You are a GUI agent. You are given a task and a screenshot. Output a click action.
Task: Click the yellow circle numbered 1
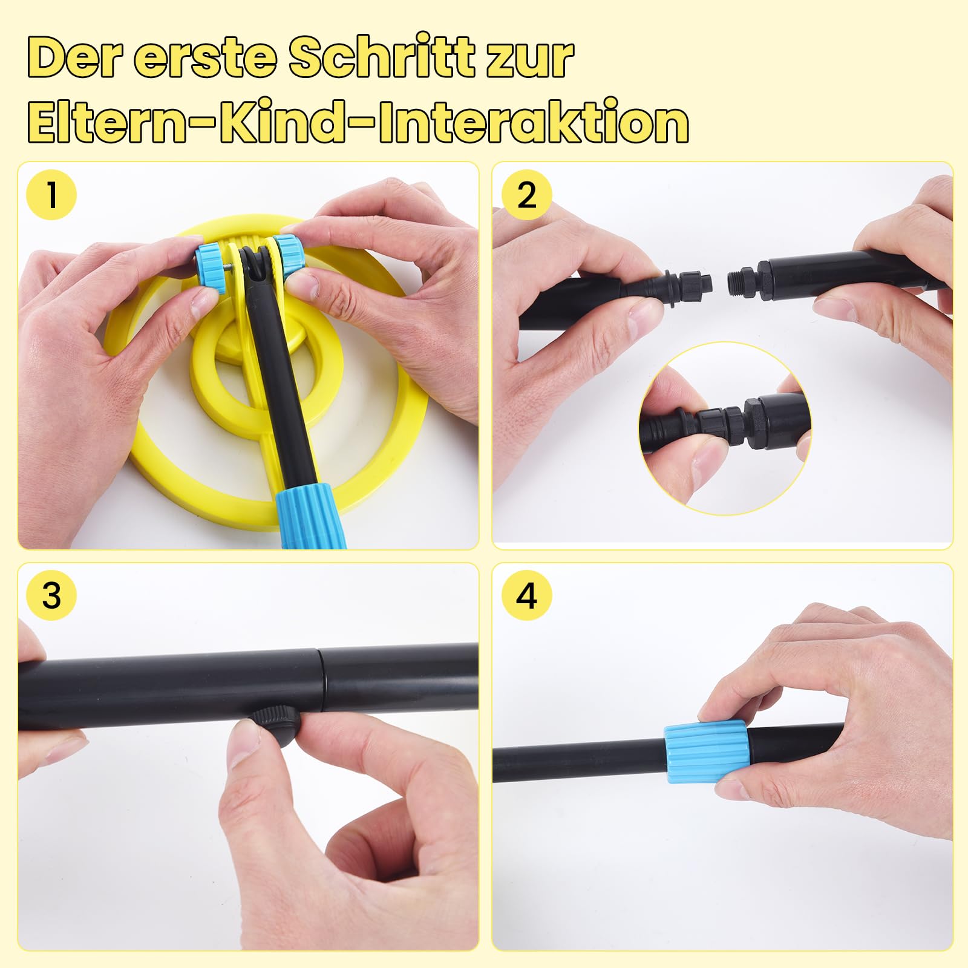click(x=52, y=195)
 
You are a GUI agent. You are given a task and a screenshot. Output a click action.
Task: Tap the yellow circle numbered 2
click(x=527, y=195)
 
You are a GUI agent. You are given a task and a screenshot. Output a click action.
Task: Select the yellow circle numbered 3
click(x=52, y=595)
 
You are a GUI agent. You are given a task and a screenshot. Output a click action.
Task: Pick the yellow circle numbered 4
click(x=527, y=595)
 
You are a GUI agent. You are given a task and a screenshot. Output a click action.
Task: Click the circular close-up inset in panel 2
click(x=725, y=428)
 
